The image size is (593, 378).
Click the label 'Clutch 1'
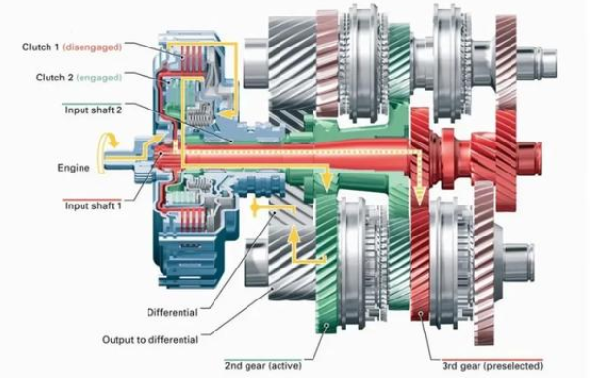(x=41, y=47)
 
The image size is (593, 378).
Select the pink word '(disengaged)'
(x=92, y=47)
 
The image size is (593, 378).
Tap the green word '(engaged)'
(x=99, y=78)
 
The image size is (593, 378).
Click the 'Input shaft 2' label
(x=93, y=110)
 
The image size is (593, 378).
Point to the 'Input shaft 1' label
(x=93, y=205)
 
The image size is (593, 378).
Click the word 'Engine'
(x=74, y=168)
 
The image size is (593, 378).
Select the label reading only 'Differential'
(x=172, y=312)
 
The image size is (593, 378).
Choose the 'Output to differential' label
(x=150, y=340)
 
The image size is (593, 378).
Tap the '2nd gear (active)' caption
(x=263, y=366)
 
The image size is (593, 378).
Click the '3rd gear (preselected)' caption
(x=492, y=366)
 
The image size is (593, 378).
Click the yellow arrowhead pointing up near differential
(x=294, y=235)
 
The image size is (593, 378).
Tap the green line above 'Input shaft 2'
(x=92, y=103)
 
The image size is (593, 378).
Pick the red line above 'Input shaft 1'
(x=92, y=199)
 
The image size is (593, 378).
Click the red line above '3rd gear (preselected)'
(x=492, y=360)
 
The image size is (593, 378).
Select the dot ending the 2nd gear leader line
(x=326, y=325)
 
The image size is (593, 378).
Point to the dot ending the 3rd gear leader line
(x=420, y=313)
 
